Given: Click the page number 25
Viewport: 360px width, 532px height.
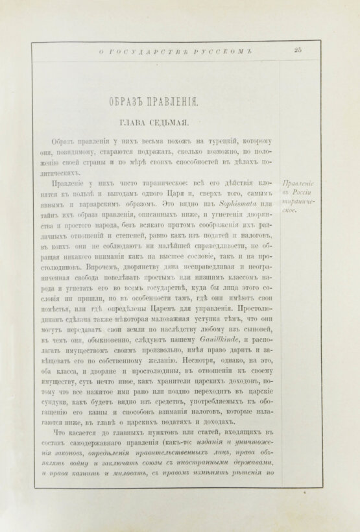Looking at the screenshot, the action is (x=298, y=49).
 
